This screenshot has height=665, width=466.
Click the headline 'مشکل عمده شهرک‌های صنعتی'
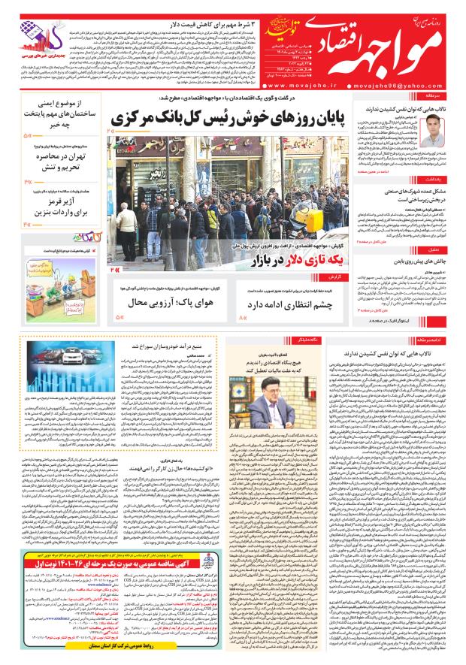(x=418, y=192)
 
